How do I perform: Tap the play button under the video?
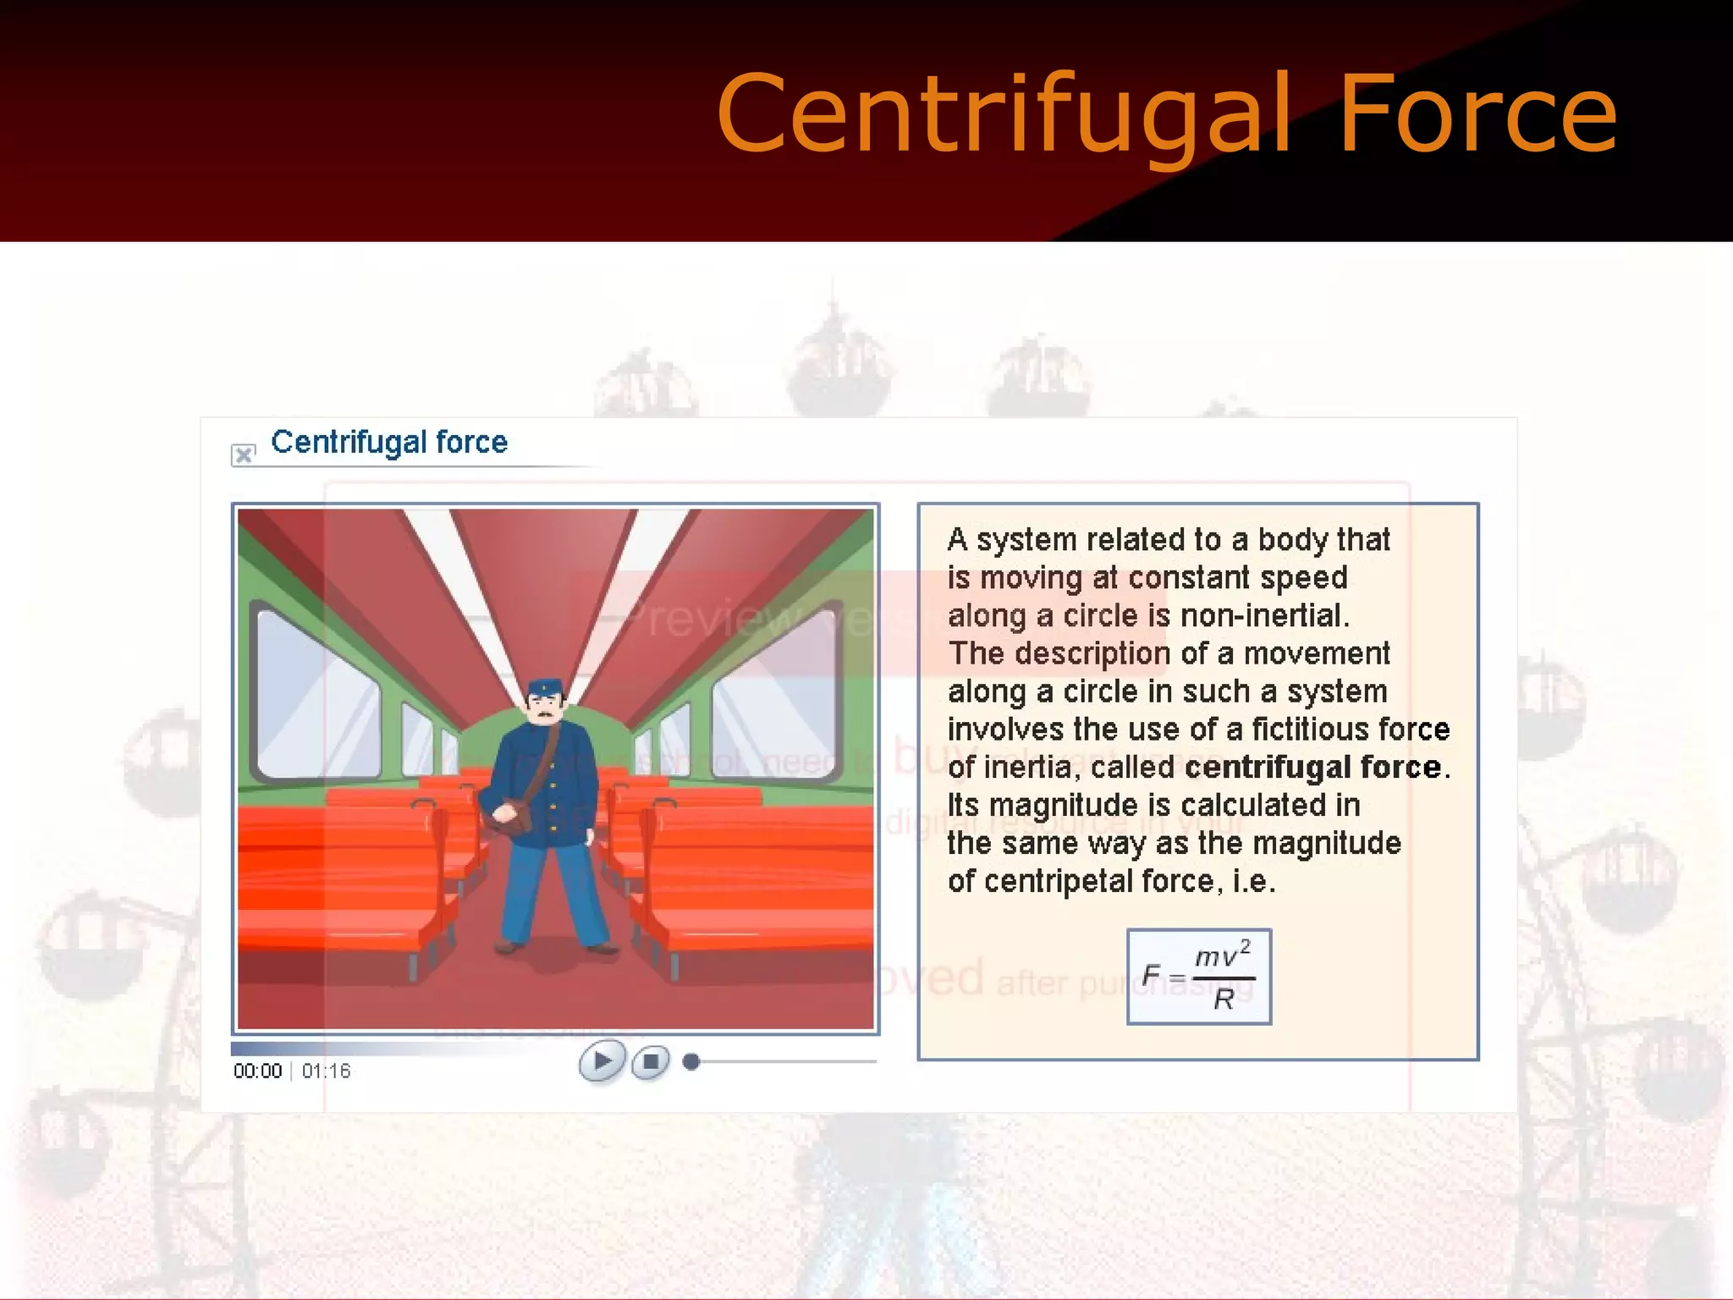coord(602,1060)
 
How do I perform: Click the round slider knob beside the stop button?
coord(691,1061)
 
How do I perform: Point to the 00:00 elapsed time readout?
coord(257,1071)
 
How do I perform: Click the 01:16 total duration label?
coord(326,1071)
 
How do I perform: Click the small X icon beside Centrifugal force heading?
coord(244,454)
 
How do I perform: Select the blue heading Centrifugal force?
coord(389,443)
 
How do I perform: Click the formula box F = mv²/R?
coord(1198,977)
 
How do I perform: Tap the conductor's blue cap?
coord(544,687)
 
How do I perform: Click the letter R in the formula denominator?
coord(1224,1000)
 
